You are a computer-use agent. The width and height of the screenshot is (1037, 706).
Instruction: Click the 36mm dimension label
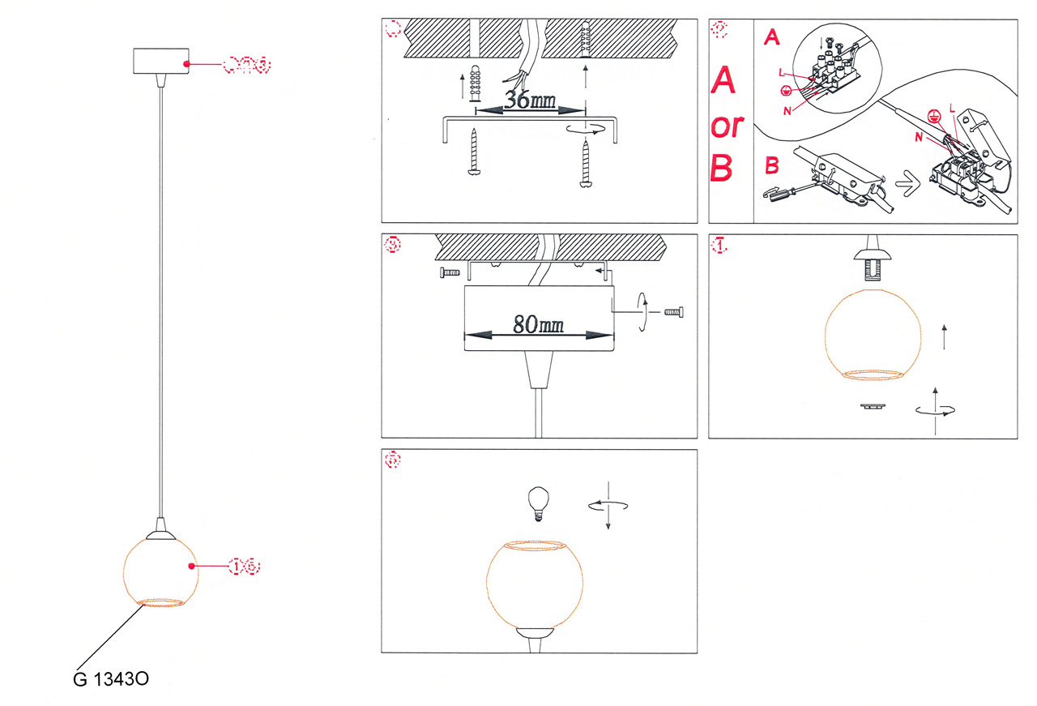click(x=531, y=100)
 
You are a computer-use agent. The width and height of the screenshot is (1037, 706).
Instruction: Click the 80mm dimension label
click(x=538, y=324)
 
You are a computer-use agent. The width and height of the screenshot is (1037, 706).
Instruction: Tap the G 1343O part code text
click(x=109, y=679)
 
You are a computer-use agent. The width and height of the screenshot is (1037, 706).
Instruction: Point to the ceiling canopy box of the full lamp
click(x=161, y=63)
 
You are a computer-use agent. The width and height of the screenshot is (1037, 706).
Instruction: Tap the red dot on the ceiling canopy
click(x=188, y=63)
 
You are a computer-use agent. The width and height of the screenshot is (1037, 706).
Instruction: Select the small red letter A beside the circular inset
click(x=772, y=38)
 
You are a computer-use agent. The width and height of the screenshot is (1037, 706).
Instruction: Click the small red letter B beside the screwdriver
click(x=772, y=167)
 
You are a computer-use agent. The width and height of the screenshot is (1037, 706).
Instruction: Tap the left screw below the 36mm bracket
click(x=474, y=153)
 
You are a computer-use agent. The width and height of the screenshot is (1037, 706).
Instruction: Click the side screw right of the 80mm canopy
click(x=673, y=312)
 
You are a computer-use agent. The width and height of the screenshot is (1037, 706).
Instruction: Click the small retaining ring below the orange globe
click(x=873, y=407)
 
